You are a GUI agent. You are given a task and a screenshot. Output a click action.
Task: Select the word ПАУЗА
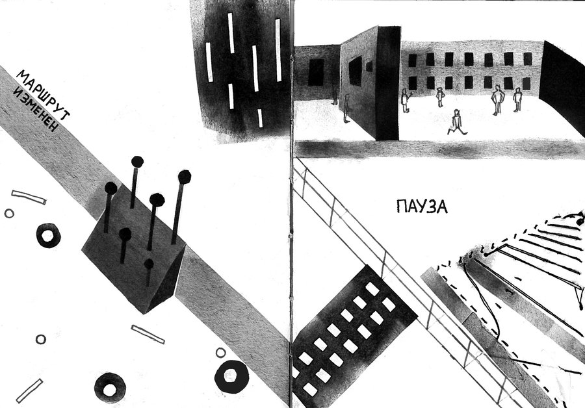tap(422, 206)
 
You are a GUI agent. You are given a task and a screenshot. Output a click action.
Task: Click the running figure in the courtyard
tap(457, 122)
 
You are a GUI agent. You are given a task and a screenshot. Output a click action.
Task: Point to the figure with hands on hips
tap(497, 99)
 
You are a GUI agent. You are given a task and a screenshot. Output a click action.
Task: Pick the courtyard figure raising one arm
tap(405, 100)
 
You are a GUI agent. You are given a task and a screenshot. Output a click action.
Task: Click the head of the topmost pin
tap(137, 162)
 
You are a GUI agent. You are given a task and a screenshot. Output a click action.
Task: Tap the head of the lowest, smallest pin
tap(149, 264)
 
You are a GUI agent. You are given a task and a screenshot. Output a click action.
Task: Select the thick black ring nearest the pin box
tap(49, 235)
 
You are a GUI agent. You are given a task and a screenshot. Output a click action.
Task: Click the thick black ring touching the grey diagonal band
tap(231, 376)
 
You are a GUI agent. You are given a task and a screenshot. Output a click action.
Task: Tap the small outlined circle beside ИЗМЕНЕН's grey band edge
tap(9, 213)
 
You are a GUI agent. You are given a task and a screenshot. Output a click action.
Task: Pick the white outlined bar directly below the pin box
tap(148, 334)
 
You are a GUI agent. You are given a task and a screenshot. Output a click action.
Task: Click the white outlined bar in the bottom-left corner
tap(29, 391)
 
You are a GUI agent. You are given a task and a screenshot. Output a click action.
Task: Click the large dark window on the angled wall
tap(355, 71)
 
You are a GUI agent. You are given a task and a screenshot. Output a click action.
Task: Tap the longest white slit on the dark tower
tap(278, 50)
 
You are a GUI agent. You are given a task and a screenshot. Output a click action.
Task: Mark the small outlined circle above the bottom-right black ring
tap(221, 352)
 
